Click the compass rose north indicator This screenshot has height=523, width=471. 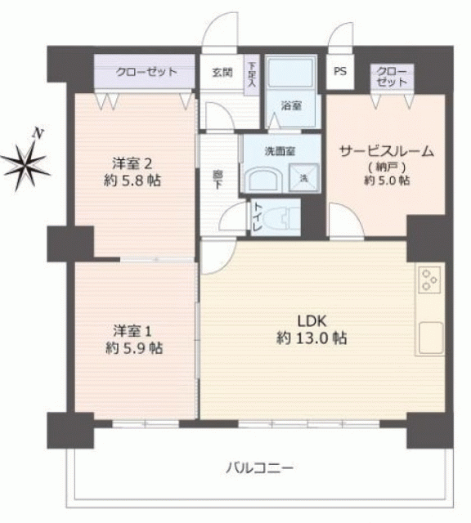25,165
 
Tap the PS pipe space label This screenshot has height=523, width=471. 340,71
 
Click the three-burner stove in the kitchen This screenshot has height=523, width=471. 429,279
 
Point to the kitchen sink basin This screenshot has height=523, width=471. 431,337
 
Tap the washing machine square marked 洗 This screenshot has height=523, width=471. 303,178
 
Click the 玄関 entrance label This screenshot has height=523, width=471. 222,73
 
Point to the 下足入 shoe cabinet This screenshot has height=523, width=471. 252,75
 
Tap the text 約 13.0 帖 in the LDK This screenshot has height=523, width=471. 312,338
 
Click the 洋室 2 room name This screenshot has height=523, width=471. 132,163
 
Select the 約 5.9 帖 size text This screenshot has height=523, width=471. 134,348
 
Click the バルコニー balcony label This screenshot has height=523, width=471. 260,467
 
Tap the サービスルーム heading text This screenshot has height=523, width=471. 386,151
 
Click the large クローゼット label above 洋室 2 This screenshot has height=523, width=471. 146,72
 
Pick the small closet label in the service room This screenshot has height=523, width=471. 392,77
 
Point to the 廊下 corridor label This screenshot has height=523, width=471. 218,180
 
